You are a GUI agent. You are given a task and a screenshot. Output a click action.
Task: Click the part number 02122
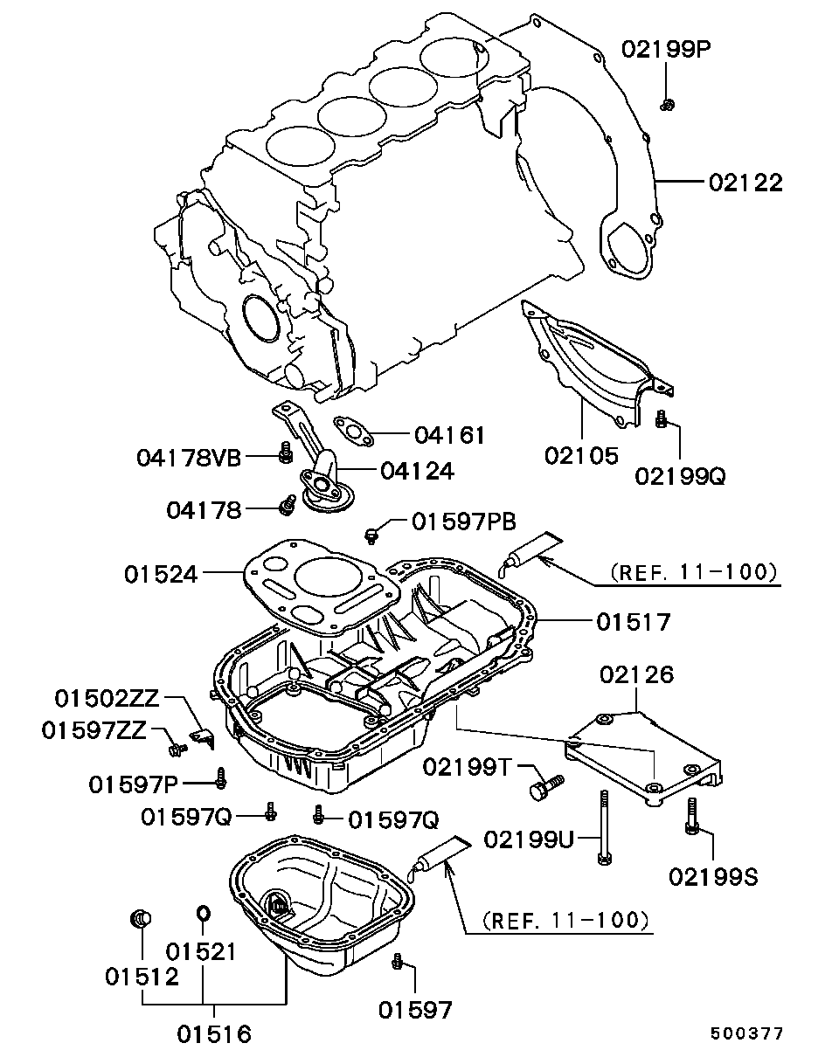(745, 183)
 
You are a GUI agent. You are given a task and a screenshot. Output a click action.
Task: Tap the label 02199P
(666, 49)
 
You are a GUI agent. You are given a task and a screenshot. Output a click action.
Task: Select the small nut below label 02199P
(667, 104)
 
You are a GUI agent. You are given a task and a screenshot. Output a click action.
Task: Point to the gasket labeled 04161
(353, 432)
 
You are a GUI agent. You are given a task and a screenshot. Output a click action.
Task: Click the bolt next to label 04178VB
(285, 453)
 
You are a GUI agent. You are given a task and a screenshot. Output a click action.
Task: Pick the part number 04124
(417, 471)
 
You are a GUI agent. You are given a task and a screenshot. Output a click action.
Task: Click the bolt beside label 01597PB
(372, 535)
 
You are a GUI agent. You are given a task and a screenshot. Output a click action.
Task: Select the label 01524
(161, 574)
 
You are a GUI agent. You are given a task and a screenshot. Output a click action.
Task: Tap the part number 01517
(634, 622)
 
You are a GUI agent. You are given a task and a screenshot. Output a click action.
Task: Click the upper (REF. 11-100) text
(694, 571)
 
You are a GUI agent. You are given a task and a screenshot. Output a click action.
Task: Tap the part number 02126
(636, 675)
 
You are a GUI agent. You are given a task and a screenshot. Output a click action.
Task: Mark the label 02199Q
(680, 476)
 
